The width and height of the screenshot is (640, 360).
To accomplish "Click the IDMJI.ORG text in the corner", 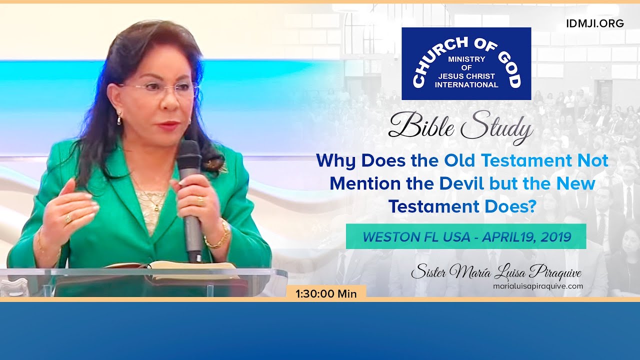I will tap(595, 23).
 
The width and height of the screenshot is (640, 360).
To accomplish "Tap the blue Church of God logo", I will tap(466, 63).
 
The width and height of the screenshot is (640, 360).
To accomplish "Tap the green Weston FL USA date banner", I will tap(466, 236).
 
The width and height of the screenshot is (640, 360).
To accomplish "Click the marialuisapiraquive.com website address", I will tap(531, 286).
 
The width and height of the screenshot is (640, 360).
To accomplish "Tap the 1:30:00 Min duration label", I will tap(326, 294).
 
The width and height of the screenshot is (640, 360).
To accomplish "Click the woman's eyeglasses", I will tap(159, 89).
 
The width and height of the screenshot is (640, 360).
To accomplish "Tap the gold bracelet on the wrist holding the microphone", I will tap(218, 239).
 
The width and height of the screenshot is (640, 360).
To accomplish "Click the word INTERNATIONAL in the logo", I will tap(466, 84).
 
